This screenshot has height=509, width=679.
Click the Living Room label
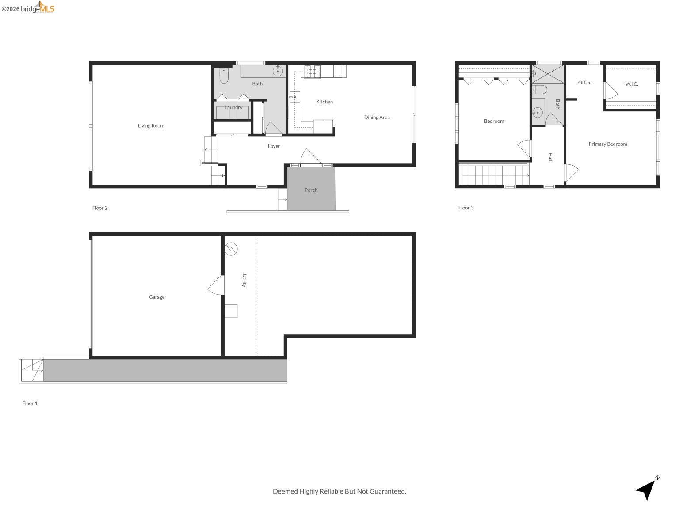151,126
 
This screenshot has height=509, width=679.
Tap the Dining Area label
377,118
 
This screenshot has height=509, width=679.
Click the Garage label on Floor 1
156,297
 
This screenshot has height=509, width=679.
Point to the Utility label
244,281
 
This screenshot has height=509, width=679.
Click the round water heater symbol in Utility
231,249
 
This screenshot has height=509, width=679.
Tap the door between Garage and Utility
217,285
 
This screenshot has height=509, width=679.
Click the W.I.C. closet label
631,84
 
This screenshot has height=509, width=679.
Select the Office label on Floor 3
584,83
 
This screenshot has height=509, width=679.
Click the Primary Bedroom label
607,144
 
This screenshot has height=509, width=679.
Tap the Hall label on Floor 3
550,157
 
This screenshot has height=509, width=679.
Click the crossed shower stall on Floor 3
548,73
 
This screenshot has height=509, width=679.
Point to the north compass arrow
647,488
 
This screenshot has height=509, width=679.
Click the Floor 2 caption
100,208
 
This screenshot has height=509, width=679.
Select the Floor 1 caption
30,403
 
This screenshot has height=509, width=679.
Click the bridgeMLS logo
28,8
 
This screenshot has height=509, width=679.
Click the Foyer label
274,146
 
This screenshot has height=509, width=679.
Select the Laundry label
233,107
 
